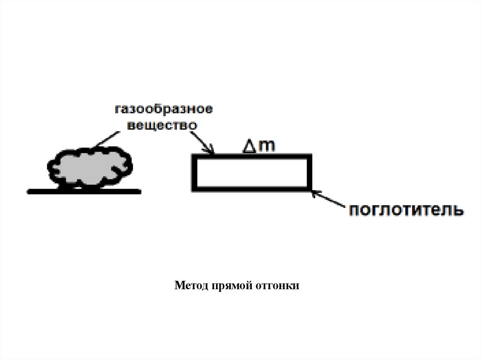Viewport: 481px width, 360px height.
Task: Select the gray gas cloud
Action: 89,169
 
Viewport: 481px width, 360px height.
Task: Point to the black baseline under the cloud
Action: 84,191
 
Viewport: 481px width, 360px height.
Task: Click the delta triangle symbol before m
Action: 249,147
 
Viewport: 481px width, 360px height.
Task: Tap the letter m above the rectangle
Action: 266,146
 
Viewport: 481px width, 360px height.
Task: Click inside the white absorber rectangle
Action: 252,172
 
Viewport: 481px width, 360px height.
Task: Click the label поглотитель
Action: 406,209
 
